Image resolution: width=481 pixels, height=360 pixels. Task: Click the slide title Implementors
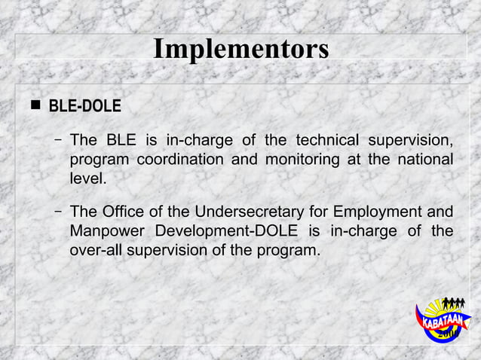240,49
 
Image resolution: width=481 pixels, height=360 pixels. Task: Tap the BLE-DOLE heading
84,106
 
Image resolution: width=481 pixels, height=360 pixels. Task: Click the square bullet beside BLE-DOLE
34,106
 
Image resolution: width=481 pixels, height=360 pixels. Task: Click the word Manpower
106,230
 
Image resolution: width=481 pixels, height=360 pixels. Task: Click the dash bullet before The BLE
58,141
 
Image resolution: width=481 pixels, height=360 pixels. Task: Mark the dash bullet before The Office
58,210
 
